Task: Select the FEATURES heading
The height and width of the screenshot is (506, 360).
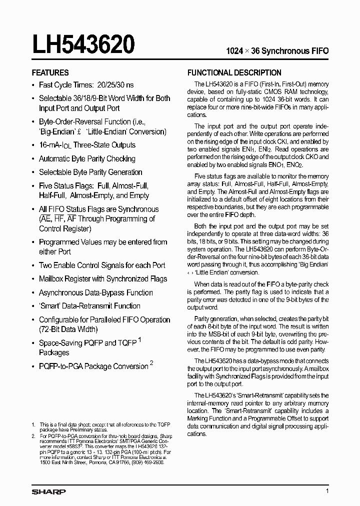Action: pyautogui.click(x=50, y=72)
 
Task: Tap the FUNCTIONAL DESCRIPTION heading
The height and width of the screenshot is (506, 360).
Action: pyautogui.click(x=234, y=72)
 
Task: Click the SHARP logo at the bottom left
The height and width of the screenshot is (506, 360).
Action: pyautogui.click(x=48, y=491)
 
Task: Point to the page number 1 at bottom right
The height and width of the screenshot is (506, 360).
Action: pyautogui.click(x=327, y=491)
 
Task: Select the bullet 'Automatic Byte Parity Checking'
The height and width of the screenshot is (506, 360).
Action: pyautogui.click(x=87, y=158)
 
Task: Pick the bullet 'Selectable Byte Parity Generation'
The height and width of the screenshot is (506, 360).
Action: pyautogui.click(x=90, y=172)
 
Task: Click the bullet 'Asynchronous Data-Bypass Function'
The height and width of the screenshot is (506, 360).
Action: pyautogui.click(x=95, y=292)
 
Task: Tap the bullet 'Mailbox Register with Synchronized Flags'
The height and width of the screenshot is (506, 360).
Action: pyautogui.click(x=103, y=278)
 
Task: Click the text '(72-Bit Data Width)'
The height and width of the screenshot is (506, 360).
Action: pyautogui.click(x=68, y=329)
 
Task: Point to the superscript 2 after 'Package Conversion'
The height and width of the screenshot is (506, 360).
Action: pyautogui.click(x=151, y=362)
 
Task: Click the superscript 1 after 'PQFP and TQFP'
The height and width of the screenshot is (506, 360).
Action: pyautogui.click(x=139, y=340)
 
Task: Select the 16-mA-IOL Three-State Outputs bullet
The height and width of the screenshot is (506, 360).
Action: pyautogui.click(x=87, y=145)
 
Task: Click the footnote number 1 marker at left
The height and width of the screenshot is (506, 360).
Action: pyautogui.click(x=33, y=424)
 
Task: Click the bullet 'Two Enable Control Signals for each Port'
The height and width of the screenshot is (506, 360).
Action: pyautogui.click(x=102, y=265)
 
